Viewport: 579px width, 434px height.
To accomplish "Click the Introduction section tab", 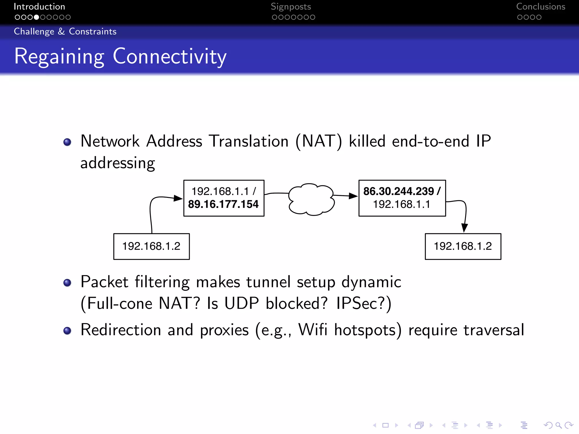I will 39,6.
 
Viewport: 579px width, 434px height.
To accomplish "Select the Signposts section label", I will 291,6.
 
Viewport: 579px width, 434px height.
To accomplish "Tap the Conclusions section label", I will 541,6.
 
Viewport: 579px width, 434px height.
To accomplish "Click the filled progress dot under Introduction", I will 36,17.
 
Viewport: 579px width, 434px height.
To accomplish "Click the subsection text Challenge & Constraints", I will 65,31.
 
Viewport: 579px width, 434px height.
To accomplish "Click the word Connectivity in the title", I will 170,57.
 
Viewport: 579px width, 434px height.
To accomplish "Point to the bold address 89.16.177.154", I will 223,204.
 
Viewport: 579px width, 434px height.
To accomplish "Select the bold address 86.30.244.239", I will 399,191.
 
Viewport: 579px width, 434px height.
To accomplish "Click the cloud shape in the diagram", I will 311,199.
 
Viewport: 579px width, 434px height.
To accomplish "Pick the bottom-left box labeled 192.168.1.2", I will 152,246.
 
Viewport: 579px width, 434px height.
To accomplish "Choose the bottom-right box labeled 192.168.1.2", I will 463,246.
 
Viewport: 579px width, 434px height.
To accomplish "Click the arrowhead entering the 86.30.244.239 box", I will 353,196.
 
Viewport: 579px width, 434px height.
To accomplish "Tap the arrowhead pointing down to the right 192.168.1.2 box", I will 464,228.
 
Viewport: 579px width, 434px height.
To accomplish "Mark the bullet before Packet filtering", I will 67,283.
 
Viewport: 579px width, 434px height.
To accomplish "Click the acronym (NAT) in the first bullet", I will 319,141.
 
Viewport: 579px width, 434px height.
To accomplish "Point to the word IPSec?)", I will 364,304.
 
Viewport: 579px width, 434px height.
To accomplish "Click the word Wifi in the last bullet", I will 313,330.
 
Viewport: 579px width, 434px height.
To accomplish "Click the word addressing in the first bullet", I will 118,163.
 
